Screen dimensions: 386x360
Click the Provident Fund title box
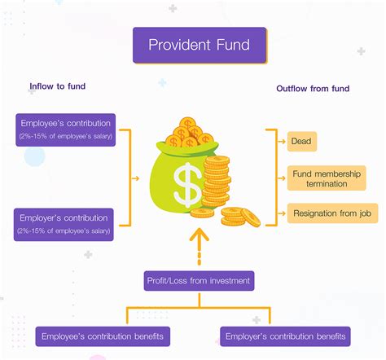tap(200, 45)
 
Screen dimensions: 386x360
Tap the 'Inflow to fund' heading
tap(58, 86)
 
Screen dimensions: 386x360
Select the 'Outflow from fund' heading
tap(313, 89)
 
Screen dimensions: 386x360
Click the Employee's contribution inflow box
tap(66, 130)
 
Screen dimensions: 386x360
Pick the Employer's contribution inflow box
tap(64, 225)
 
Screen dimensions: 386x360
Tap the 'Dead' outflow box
tap(302, 142)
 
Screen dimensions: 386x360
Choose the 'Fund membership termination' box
tap(327, 178)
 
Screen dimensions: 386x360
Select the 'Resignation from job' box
tap(332, 213)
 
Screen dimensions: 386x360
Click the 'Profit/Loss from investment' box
tap(199, 281)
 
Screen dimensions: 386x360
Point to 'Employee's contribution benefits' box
tap(103, 336)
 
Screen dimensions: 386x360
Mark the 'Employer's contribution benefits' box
tap(285, 336)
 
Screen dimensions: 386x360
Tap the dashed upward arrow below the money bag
tap(200, 247)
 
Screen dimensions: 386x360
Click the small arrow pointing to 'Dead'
tap(282, 142)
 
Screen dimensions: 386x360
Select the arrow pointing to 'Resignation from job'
tap(282, 213)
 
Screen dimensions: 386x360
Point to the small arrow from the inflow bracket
tap(135, 178)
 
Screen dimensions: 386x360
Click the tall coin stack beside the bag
tap(217, 181)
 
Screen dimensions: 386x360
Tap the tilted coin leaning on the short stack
tap(251, 217)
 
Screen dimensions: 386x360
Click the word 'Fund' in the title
tap(233, 45)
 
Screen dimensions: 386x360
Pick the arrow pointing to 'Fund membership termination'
tap(282, 178)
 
